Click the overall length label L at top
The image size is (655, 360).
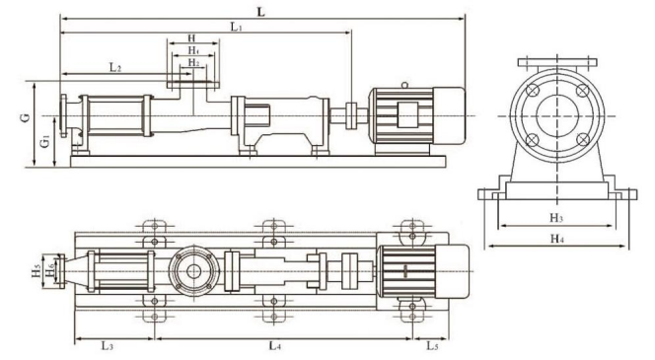tap(261, 12)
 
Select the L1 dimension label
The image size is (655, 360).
tap(237, 28)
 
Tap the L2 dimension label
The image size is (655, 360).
tap(115, 67)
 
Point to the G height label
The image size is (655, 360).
tap(27, 117)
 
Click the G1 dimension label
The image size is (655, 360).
tap(45, 142)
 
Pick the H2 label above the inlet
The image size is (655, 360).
tap(193, 63)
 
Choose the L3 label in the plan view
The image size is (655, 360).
tap(108, 346)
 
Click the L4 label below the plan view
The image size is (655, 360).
tap(274, 346)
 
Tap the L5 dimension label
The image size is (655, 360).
tap(432, 346)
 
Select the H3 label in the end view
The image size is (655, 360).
tap(556, 218)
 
